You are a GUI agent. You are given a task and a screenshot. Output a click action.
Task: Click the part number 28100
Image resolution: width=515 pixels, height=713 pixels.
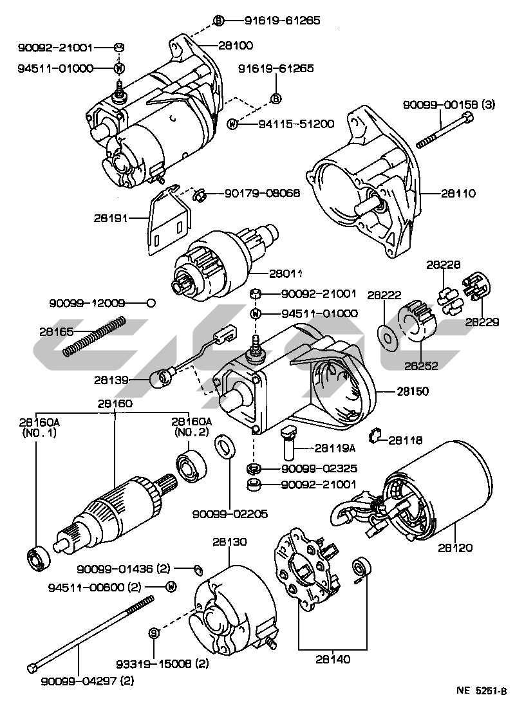coord(236,46)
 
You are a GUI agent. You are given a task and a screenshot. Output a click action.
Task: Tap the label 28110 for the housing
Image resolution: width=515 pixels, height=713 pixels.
coord(459,193)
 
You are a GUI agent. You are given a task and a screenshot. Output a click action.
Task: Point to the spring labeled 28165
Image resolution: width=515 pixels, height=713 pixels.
coord(94,336)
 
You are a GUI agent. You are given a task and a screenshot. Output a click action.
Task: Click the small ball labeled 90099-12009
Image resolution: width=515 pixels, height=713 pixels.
coord(149,302)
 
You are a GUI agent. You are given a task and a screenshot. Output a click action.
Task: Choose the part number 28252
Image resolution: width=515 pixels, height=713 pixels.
coord(421,366)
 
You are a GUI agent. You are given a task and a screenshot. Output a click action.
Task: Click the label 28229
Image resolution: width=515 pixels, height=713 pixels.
coord(482,322)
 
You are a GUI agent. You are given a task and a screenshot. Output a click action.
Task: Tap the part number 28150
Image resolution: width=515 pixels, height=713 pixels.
coord(413,391)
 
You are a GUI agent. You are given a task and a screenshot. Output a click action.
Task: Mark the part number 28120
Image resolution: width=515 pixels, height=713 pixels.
coord(455,548)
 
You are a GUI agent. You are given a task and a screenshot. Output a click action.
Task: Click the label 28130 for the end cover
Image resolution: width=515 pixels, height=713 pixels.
coord(230,542)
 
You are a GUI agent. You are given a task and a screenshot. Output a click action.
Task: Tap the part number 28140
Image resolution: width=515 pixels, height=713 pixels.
coord(333,658)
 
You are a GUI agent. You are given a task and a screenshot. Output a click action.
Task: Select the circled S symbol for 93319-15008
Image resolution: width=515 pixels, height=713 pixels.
coord(154,633)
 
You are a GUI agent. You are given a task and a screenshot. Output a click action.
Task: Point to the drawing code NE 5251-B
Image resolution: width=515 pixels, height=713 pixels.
coord(482,691)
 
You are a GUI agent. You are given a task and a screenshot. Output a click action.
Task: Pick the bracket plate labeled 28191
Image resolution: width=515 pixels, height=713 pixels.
coord(169,222)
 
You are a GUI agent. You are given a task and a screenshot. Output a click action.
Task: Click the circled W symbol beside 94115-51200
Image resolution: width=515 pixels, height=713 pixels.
coord(233,124)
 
